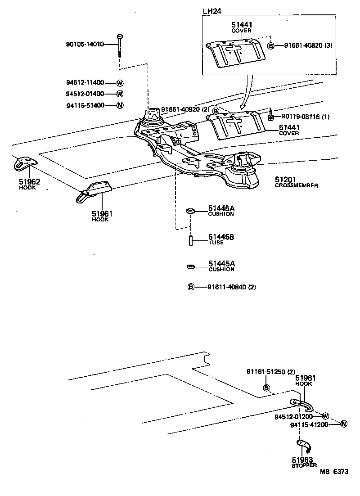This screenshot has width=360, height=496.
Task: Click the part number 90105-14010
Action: [x=85, y=44]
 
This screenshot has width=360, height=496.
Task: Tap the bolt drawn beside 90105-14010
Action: [x=120, y=45]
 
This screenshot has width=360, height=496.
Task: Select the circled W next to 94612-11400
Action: [x=120, y=83]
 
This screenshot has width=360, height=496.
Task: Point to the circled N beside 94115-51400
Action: [x=120, y=106]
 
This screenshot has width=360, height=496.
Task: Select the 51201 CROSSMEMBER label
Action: [x=297, y=182]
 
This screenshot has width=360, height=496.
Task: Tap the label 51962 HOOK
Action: [x=29, y=185]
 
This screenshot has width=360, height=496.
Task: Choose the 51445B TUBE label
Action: [x=221, y=239]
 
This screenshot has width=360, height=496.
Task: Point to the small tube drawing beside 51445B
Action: [x=190, y=239]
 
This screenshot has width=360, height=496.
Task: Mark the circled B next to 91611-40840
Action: [x=190, y=287]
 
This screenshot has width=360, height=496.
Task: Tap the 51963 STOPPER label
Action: [x=304, y=462]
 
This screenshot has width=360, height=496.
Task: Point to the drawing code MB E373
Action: [x=334, y=472]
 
